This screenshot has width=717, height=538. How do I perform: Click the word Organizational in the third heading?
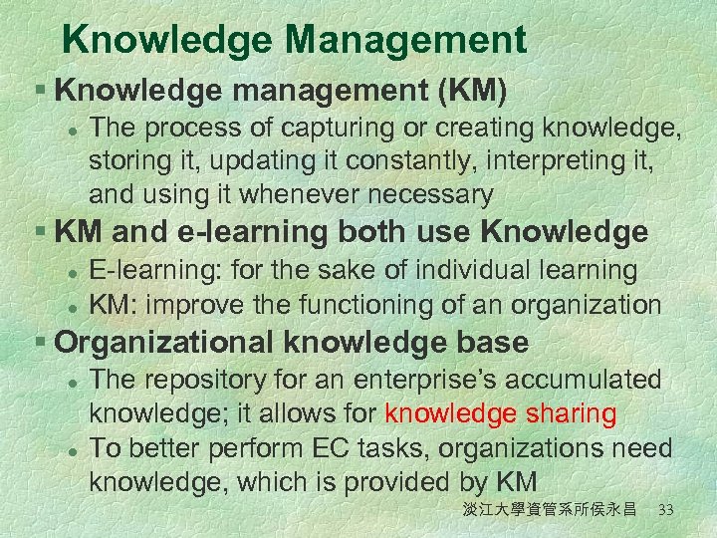(165, 343)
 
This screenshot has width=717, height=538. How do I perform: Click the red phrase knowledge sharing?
(501, 413)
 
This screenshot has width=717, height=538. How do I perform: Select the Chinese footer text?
(549, 510)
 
